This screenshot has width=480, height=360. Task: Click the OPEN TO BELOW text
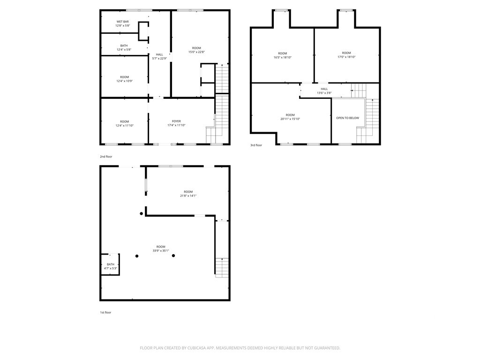point(347,118)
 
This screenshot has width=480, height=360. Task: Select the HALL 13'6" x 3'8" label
point(324,91)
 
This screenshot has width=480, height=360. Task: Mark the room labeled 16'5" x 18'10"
point(282,55)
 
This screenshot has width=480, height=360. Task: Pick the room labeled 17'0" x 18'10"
point(346,55)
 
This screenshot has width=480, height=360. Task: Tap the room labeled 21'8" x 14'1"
point(188,194)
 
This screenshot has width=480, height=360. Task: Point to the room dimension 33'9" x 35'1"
point(161,248)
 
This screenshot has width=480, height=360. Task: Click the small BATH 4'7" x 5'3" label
point(110,266)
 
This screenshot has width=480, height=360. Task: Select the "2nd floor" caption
point(106,157)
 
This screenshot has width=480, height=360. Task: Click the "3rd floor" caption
point(256,145)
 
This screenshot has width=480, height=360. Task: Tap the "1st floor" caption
point(105,312)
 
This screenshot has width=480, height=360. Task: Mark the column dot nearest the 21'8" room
point(142,214)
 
